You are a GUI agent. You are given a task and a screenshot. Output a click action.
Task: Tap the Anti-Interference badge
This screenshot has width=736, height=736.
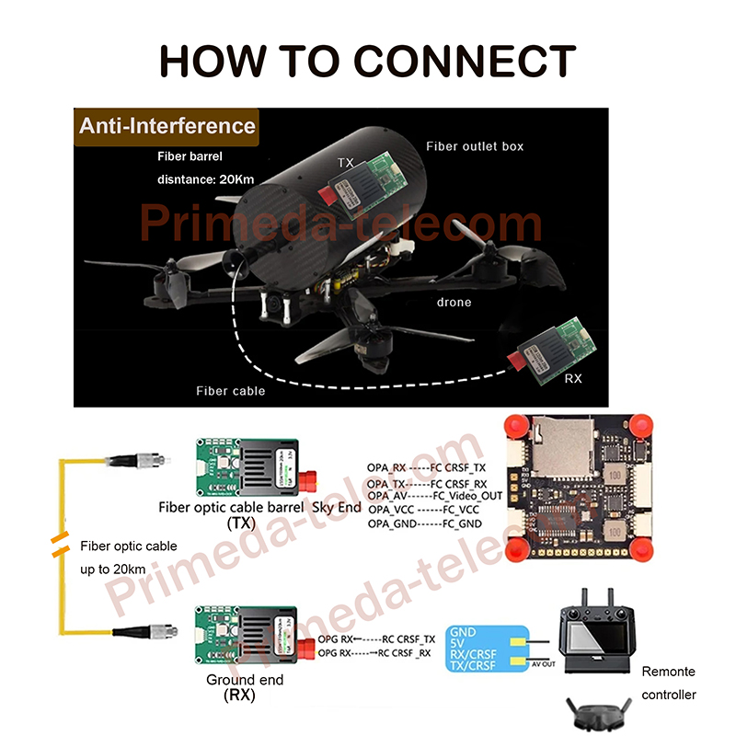click(167, 126)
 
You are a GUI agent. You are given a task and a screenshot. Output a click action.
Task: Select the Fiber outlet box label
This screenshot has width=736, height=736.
click(475, 146)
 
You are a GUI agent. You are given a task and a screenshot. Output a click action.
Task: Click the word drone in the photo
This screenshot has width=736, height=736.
click(453, 302)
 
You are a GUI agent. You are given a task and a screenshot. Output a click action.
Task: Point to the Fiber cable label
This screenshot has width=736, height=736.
click(230, 391)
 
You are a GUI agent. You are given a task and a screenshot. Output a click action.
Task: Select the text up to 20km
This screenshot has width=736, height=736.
click(113, 569)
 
